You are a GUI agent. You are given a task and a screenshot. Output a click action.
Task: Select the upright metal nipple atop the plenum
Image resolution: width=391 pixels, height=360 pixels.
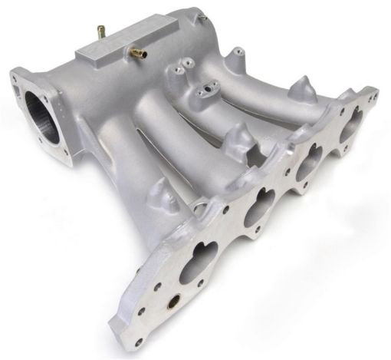pyautogui.click(x=100, y=31)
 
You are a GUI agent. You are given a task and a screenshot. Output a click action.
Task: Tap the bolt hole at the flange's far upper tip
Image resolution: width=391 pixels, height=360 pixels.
pyautogui.click(x=373, y=97)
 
